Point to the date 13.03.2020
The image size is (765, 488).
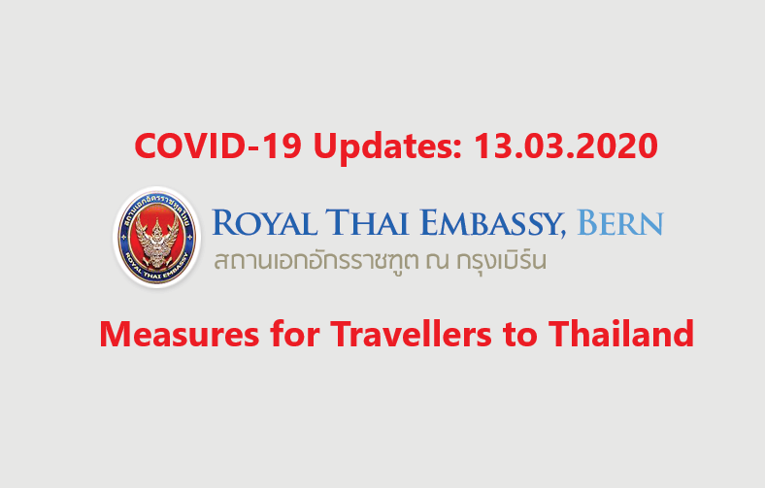click(x=566, y=146)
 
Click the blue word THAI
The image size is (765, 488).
click(x=367, y=222)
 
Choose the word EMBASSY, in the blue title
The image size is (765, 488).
click(x=492, y=223)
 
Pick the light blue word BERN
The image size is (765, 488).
click(x=620, y=222)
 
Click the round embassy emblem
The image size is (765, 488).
click(x=156, y=238)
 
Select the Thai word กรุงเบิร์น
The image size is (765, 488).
click(x=501, y=261)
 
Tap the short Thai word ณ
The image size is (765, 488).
click(x=437, y=262)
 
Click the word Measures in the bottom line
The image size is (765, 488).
click(x=179, y=335)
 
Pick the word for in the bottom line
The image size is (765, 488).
click(x=295, y=334)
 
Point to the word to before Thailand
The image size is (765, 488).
click(x=520, y=336)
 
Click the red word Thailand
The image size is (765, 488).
click(x=621, y=334)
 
